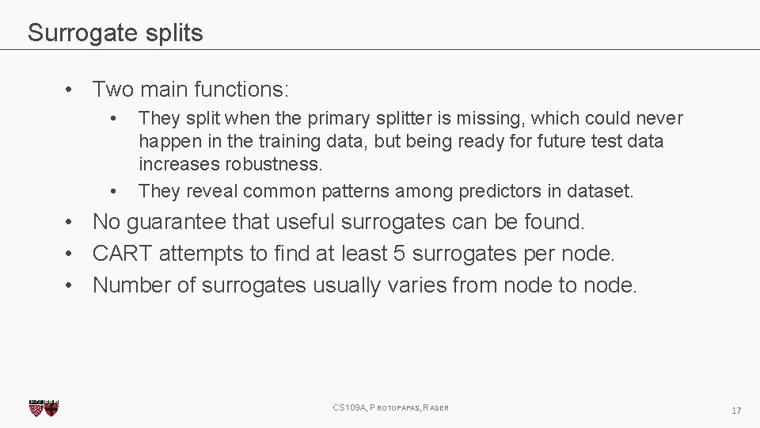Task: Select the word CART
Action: point(123,254)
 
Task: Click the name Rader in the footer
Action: point(436,408)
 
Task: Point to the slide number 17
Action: point(736,411)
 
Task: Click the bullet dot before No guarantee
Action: point(70,222)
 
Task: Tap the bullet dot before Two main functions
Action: point(70,89)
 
